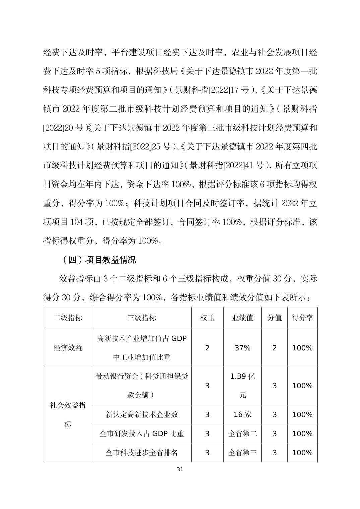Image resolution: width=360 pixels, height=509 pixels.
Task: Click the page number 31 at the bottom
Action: pos(180,469)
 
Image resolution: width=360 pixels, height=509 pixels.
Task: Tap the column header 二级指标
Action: pos(68,318)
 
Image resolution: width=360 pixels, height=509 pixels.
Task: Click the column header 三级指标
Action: pos(141,318)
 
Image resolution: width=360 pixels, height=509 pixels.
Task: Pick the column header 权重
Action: pos(207,318)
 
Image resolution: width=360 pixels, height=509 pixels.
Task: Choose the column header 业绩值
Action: pos(242,318)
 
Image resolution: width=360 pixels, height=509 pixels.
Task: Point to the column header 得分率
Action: pos(302,318)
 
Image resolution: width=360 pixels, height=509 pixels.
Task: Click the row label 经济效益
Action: pos(68,348)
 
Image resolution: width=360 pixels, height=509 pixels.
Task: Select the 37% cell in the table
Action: pos(242,348)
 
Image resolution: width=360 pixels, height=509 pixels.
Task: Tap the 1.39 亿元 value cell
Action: pos(242,386)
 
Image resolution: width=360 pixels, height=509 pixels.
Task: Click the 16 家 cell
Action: pos(242,415)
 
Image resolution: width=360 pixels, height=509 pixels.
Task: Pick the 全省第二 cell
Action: pos(242,434)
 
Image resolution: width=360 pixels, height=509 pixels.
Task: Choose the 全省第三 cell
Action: pos(242,453)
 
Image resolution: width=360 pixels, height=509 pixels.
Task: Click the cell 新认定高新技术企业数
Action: pos(141,415)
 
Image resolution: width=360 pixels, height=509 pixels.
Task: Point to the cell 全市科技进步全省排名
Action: pos(141,453)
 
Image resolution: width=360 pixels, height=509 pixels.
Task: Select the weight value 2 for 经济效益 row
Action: pos(207,348)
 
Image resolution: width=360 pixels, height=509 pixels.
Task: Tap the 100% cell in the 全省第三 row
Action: pos(302,453)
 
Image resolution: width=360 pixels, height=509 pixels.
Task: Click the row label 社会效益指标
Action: pos(68,415)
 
